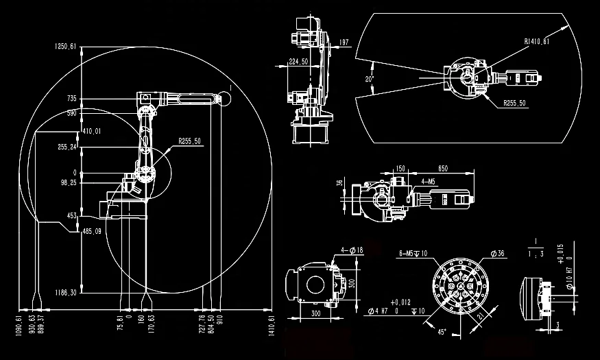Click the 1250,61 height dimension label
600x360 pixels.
point(67,47)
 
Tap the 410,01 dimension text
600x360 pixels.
point(91,131)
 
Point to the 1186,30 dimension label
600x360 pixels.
point(67,292)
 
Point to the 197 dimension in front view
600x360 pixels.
point(344,43)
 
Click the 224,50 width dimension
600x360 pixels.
point(298,62)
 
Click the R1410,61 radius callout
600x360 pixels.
point(537,42)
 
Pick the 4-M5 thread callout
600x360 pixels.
point(429,182)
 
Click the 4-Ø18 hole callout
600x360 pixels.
point(352,251)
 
